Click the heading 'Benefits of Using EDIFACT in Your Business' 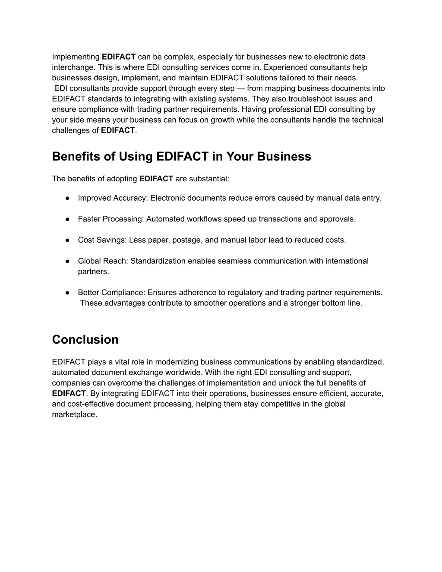(x=181, y=156)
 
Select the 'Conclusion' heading (x=85, y=340)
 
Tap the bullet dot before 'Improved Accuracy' (x=68, y=198)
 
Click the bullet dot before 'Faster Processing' (x=68, y=219)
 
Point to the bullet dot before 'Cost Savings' (x=68, y=240)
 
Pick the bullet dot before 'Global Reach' (x=68, y=261)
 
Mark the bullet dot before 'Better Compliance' (x=68, y=293)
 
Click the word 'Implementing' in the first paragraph (x=76, y=57)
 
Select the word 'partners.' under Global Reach (x=93, y=272)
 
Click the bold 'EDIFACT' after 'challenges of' (x=118, y=130)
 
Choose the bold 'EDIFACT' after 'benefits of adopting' (x=156, y=179)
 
